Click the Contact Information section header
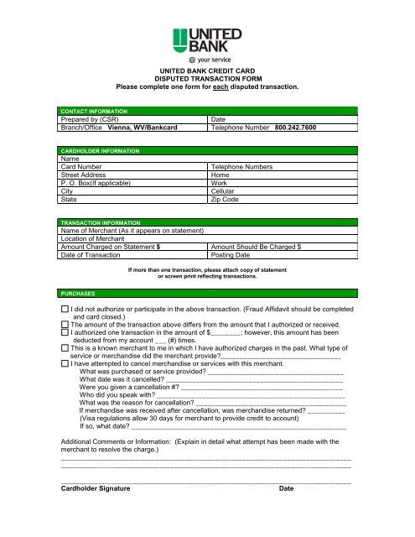[x=93, y=111]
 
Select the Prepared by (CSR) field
[x=134, y=119]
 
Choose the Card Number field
[x=134, y=167]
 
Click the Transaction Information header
[x=98, y=223]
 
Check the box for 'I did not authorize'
[x=65, y=310]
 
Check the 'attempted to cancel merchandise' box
[x=65, y=362]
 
